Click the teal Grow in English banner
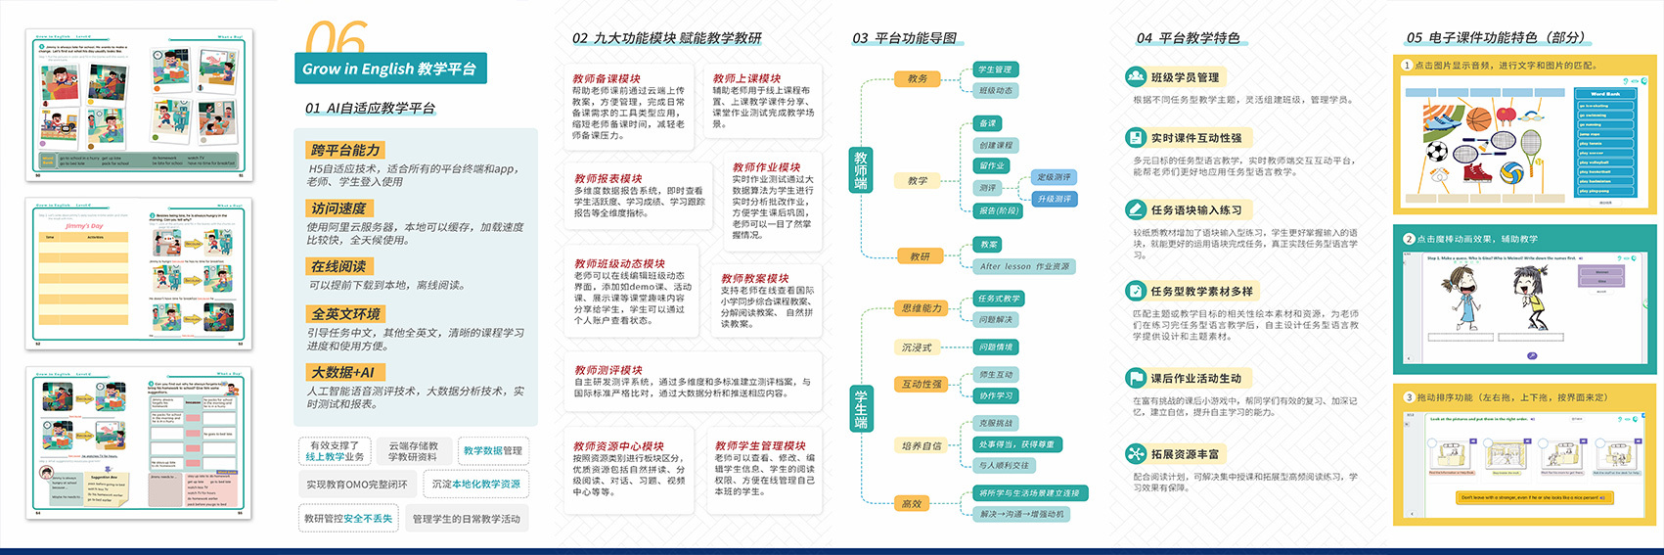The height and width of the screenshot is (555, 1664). pyautogui.click(x=389, y=69)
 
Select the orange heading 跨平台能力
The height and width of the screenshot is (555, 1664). pyautogui.click(x=345, y=150)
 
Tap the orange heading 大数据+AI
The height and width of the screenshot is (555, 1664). pyautogui.click(x=342, y=372)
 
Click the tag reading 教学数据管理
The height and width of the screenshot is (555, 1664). pyautogui.click(x=493, y=450)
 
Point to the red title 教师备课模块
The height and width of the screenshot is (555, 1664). pyautogui.click(x=607, y=78)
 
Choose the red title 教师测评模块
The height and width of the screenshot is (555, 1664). pyautogui.click(x=607, y=370)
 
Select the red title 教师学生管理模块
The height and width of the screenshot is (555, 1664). pyautogui.click(x=760, y=445)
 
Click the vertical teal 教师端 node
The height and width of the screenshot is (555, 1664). pyautogui.click(x=861, y=169)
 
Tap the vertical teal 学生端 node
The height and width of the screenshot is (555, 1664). pyautogui.click(x=861, y=408)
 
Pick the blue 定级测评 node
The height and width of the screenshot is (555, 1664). pyautogui.click(x=1054, y=177)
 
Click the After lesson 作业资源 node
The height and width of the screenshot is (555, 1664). pyautogui.click(x=1024, y=266)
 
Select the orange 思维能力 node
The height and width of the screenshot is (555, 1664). pyautogui.click(x=922, y=308)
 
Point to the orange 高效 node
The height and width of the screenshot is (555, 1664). pyautogui.click(x=912, y=503)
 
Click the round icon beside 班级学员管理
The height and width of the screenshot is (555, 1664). pyautogui.click(x=1135, y=76)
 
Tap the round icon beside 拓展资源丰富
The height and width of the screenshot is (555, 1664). pyautogui.click(x=1135, y=453)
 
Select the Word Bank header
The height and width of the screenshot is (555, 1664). pyautogui.click(x=1604, y=94)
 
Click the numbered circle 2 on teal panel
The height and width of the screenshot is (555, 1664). pyautogui.click(x=1409, y=239)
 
